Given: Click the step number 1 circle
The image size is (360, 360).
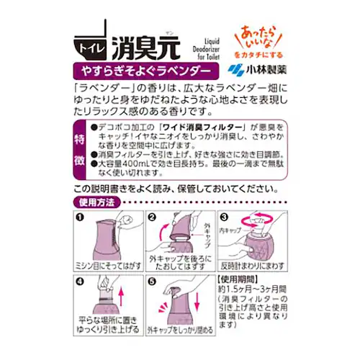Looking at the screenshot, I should (80, 216).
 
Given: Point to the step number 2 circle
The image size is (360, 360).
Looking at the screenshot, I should (152, 216).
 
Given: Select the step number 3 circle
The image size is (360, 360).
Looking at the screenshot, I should (223, 216).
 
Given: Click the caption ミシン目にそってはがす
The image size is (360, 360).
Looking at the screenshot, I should (108, 266).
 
